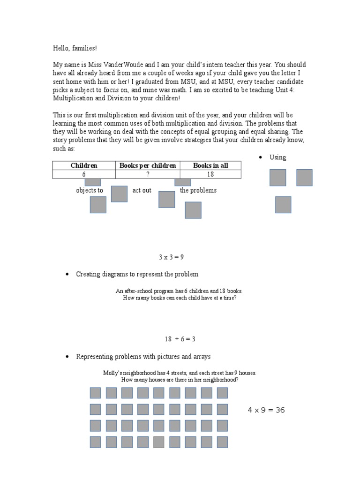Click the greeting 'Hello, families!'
tap(75, 49)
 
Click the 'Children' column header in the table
tap(84, 165)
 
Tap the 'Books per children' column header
tap(148, 165)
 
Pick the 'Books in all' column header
tap(210, 165)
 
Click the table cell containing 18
tap(210, 174)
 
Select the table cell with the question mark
tap(148, 174)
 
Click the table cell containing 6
tap(84, 174)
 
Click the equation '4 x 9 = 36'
tap(266, 410)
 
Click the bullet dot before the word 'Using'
tap(261, 157)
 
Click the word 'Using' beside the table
tap(277, 157)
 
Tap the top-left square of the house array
tap(95, 393)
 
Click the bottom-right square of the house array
tap(222, 442)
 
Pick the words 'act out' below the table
tap(142, 191)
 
